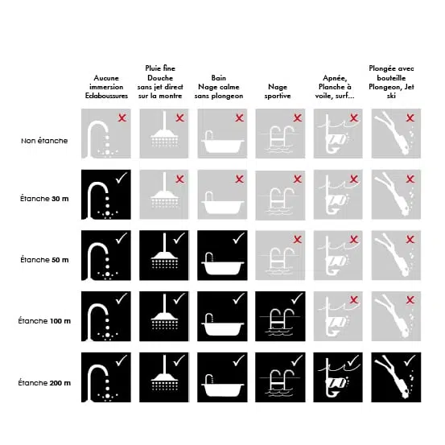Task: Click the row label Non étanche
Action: (44, 141)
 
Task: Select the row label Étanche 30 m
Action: (44, 199)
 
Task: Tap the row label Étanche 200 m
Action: (44, 383)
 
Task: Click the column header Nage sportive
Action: (278, 91)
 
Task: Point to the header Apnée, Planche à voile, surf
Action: (335, 87)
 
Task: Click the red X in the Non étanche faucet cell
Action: (122, 117)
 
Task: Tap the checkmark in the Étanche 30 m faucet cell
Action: (122, 178)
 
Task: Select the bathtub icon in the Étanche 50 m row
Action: (222, 264)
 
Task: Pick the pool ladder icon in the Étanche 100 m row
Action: (280, 322)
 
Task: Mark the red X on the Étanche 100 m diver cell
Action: (410, 299)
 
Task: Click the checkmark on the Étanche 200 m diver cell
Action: (410, 361)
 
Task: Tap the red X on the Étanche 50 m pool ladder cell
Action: (298, 240)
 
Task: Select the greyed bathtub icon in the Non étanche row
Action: (222, 142)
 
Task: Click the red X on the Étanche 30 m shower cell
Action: (180, 179)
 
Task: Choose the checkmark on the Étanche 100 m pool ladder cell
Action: (297, 299)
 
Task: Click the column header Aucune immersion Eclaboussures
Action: (106, 87)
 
